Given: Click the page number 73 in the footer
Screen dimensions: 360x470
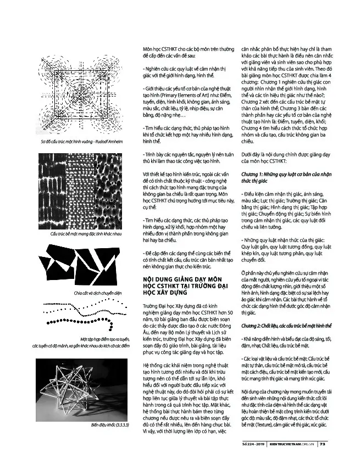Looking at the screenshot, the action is point(323,444).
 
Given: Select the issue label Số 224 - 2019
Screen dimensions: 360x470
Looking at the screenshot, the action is point(253,444).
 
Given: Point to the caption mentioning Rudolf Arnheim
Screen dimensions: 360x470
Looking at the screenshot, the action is point(82,142).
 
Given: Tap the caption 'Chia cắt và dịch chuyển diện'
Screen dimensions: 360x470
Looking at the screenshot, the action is point(98,293).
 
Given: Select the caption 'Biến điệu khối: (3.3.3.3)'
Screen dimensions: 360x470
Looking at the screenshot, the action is point(110,425).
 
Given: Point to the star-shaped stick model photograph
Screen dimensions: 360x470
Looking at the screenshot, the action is point(81,390).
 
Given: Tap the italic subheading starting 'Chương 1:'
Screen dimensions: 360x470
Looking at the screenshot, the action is point(286,178).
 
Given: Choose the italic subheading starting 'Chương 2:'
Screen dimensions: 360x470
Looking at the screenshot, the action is point(286,326).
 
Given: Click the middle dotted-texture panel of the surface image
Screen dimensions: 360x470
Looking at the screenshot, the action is point(80,191).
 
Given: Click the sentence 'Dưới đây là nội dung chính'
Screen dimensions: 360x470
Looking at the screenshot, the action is point(286,155).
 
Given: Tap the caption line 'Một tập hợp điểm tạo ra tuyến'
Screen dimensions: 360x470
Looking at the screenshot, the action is point(104,339).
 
